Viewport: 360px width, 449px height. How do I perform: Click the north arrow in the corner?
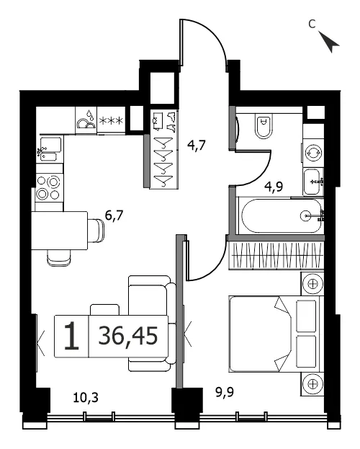click(329, 42)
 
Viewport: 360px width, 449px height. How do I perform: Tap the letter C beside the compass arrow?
click(312, 24)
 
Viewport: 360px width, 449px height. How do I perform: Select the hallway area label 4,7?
click(197, 146)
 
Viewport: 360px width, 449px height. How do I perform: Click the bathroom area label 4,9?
click(274, 187)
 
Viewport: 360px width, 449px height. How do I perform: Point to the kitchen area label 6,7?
click(114, 215)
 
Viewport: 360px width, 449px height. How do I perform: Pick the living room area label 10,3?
click(86, 397)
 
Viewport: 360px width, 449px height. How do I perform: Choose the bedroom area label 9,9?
click(225, 392)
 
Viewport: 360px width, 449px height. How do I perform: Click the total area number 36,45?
click(128, 336)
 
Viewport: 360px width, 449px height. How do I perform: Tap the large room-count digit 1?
click(71, 336)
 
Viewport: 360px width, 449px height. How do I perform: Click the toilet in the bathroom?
click(263, 126)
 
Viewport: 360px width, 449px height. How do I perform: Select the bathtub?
click(282, 215)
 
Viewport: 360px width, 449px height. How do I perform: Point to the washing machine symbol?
click(313, 153)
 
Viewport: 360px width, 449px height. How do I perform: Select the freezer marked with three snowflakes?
click(112, 120)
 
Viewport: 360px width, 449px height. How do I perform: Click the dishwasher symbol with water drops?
click(86, 120)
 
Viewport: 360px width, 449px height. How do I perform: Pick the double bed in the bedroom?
click(276, 334)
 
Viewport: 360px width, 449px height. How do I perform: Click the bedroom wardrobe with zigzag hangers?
click(276, 256)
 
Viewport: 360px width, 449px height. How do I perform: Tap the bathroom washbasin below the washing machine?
click(313, 182)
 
